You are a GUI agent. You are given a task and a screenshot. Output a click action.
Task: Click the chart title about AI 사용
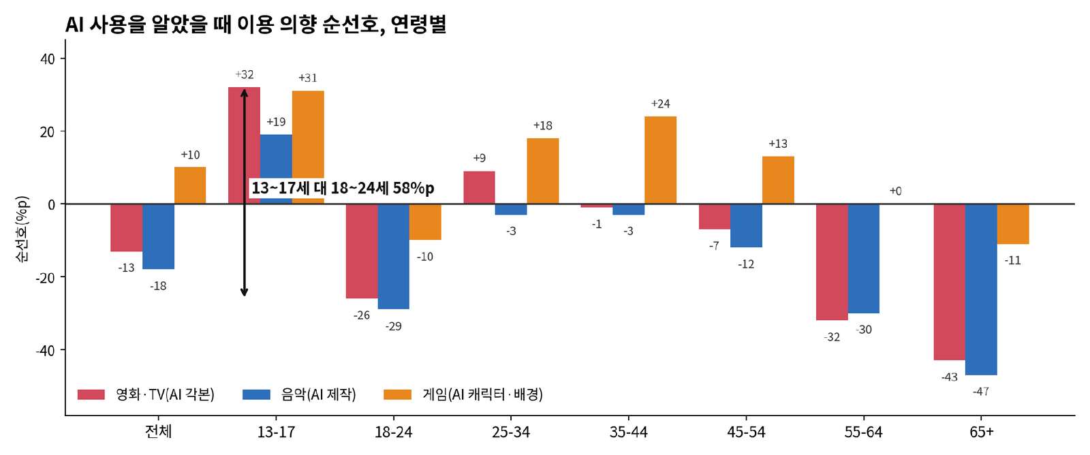pos(255,25)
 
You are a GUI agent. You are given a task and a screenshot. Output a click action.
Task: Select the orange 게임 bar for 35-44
pos(660,160)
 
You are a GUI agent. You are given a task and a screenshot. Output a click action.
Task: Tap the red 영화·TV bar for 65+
pos(950,282)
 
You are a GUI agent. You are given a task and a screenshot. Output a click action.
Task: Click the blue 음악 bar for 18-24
pos(394,257)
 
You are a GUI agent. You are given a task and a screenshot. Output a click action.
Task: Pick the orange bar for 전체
pos(190,185)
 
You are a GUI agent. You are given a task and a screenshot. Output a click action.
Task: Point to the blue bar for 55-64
pos(864,258)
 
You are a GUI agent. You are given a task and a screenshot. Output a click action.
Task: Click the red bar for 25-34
pos(480,187)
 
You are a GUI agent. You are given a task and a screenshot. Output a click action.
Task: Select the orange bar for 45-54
pos(778,180)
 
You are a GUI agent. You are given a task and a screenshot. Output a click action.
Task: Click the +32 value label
pos(245,74)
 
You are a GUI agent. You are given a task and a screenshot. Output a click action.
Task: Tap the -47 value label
pos(981,391)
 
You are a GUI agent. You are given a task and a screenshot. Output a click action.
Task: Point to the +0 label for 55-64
pos(895,191)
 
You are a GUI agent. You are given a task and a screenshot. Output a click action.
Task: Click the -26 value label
pos(362,315)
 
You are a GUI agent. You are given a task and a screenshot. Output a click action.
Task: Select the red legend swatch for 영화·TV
pos(91,394)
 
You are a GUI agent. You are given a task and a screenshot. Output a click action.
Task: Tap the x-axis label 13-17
pos(276,432)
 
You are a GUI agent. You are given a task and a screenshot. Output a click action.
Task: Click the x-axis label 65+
pos(982,432)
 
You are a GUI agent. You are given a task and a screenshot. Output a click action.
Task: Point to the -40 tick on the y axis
pos(45,350)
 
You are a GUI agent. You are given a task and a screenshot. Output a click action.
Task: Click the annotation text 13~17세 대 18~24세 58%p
pos(343,188)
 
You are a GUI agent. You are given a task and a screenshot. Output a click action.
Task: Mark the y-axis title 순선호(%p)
pos(22,230)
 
